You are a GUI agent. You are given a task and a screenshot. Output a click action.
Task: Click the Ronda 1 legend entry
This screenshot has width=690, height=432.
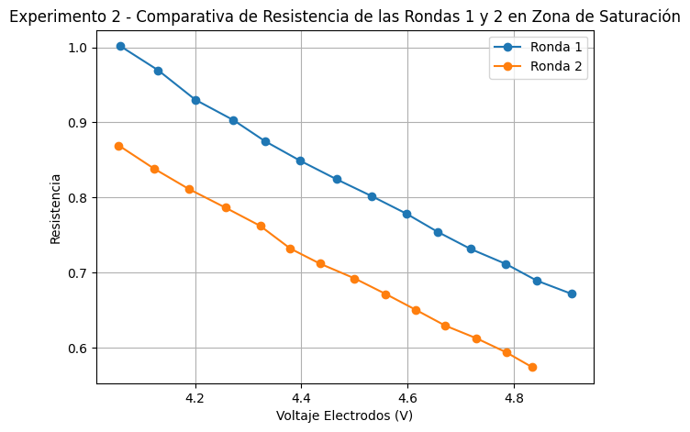556,48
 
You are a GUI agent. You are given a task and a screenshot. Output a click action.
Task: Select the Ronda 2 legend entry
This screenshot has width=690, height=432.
556,66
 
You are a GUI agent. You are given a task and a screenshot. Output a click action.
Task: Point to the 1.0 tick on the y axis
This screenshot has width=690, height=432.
78,48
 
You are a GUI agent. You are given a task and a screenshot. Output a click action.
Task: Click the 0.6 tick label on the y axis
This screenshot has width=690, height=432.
78,349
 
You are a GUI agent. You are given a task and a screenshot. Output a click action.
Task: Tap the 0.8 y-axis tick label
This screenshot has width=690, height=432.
78,198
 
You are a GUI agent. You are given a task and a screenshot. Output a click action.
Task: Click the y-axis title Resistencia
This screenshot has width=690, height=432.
56,208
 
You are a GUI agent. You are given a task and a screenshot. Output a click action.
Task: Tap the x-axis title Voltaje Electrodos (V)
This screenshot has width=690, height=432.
344,415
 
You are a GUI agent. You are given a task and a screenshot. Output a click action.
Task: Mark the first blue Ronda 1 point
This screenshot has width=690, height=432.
120,46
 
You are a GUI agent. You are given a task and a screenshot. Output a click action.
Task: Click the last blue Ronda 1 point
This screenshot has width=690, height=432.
572,294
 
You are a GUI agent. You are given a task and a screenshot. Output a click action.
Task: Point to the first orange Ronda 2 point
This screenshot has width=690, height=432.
118,146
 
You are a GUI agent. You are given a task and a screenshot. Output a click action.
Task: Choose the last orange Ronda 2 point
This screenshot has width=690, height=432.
532,367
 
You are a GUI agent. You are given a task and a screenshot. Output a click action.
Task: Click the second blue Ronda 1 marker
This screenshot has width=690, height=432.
158,71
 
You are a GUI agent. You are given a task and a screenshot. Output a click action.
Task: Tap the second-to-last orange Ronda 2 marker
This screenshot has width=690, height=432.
506,352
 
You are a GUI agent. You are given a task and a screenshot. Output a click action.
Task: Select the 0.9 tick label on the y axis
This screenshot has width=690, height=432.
78,123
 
